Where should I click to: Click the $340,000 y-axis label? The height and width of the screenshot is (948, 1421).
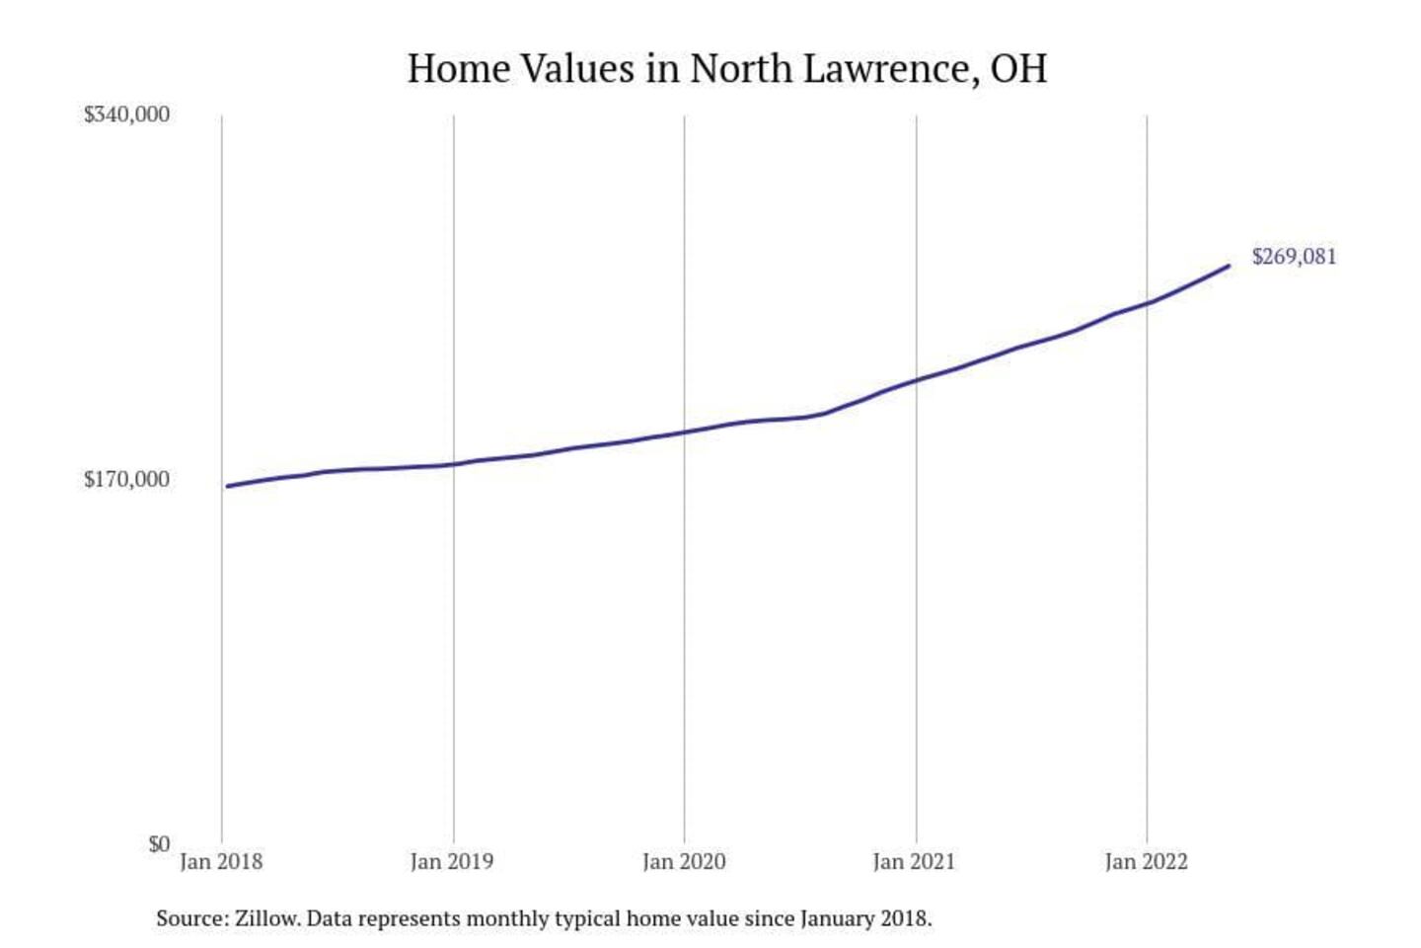[126, 115]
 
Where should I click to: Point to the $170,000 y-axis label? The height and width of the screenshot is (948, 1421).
[126, 480]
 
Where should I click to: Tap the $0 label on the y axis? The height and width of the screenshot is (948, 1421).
[159, 844]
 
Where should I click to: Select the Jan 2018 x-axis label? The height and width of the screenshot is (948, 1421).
[221, 862]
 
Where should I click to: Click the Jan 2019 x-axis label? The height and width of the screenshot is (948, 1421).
[452, 862]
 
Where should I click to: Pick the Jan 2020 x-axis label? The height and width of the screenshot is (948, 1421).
[684, 862]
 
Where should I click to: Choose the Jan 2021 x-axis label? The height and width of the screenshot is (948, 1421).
[915, 862]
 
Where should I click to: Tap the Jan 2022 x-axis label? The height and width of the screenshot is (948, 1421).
[1147, 862]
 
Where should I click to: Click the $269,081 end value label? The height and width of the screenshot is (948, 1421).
[1294, 257]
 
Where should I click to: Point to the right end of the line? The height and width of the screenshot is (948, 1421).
[1229, 266]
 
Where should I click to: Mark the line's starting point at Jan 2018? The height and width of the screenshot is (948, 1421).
[227, 486]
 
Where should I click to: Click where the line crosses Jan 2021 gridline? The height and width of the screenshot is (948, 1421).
[916, 380]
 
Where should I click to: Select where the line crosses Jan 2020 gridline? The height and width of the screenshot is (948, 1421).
[685, 432]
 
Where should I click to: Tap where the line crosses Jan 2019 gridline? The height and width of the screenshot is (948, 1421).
[454, 464]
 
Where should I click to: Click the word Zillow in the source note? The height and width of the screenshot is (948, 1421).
[266, 918]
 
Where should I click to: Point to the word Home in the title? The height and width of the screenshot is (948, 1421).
[458, 69]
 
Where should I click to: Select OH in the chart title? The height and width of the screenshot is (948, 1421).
[1017, 69]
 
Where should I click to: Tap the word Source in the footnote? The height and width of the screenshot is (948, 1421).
[191, 918]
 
